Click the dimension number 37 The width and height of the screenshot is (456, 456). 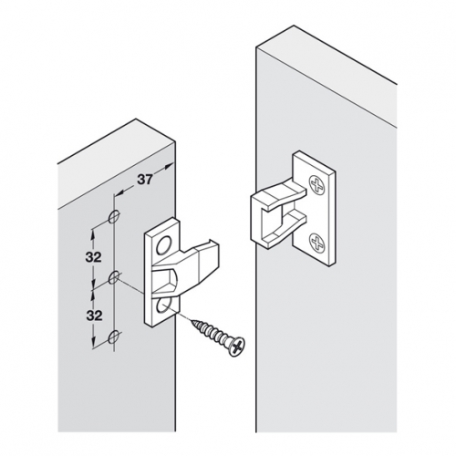145,180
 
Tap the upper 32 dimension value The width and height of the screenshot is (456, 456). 93,257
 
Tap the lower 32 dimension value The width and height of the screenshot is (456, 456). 93,316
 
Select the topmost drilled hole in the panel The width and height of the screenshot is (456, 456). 114,216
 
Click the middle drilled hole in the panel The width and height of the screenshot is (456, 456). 114,277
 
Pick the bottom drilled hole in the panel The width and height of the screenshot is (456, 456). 114,337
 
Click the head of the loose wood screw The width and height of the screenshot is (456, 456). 237,347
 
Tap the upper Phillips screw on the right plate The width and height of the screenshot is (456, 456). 317,185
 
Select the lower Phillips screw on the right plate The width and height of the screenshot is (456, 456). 317,242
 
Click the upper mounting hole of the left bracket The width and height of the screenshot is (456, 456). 163,244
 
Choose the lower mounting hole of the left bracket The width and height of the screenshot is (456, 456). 163,306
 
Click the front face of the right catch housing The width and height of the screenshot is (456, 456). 259,222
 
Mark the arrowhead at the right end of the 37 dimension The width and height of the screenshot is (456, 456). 170,166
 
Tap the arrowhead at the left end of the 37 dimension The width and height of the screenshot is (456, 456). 119,192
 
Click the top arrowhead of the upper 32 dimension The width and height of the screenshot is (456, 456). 93,233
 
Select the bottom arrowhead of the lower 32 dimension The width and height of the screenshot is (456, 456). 93,342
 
